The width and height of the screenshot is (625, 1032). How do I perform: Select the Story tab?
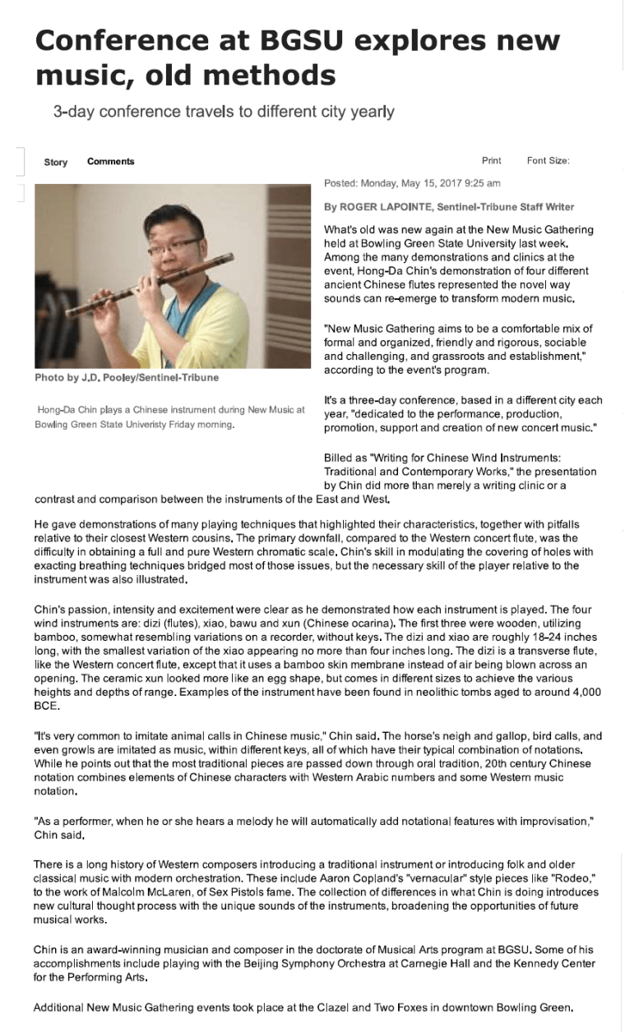click(x=56, y=162)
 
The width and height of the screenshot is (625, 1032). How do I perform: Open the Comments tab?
click(x=110, y=162)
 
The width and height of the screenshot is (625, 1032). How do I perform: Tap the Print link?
click(x=491, y=161)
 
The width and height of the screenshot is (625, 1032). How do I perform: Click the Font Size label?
click(x=548, y=161)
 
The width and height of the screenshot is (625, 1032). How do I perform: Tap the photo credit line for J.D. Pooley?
click(x=127, y=378)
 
